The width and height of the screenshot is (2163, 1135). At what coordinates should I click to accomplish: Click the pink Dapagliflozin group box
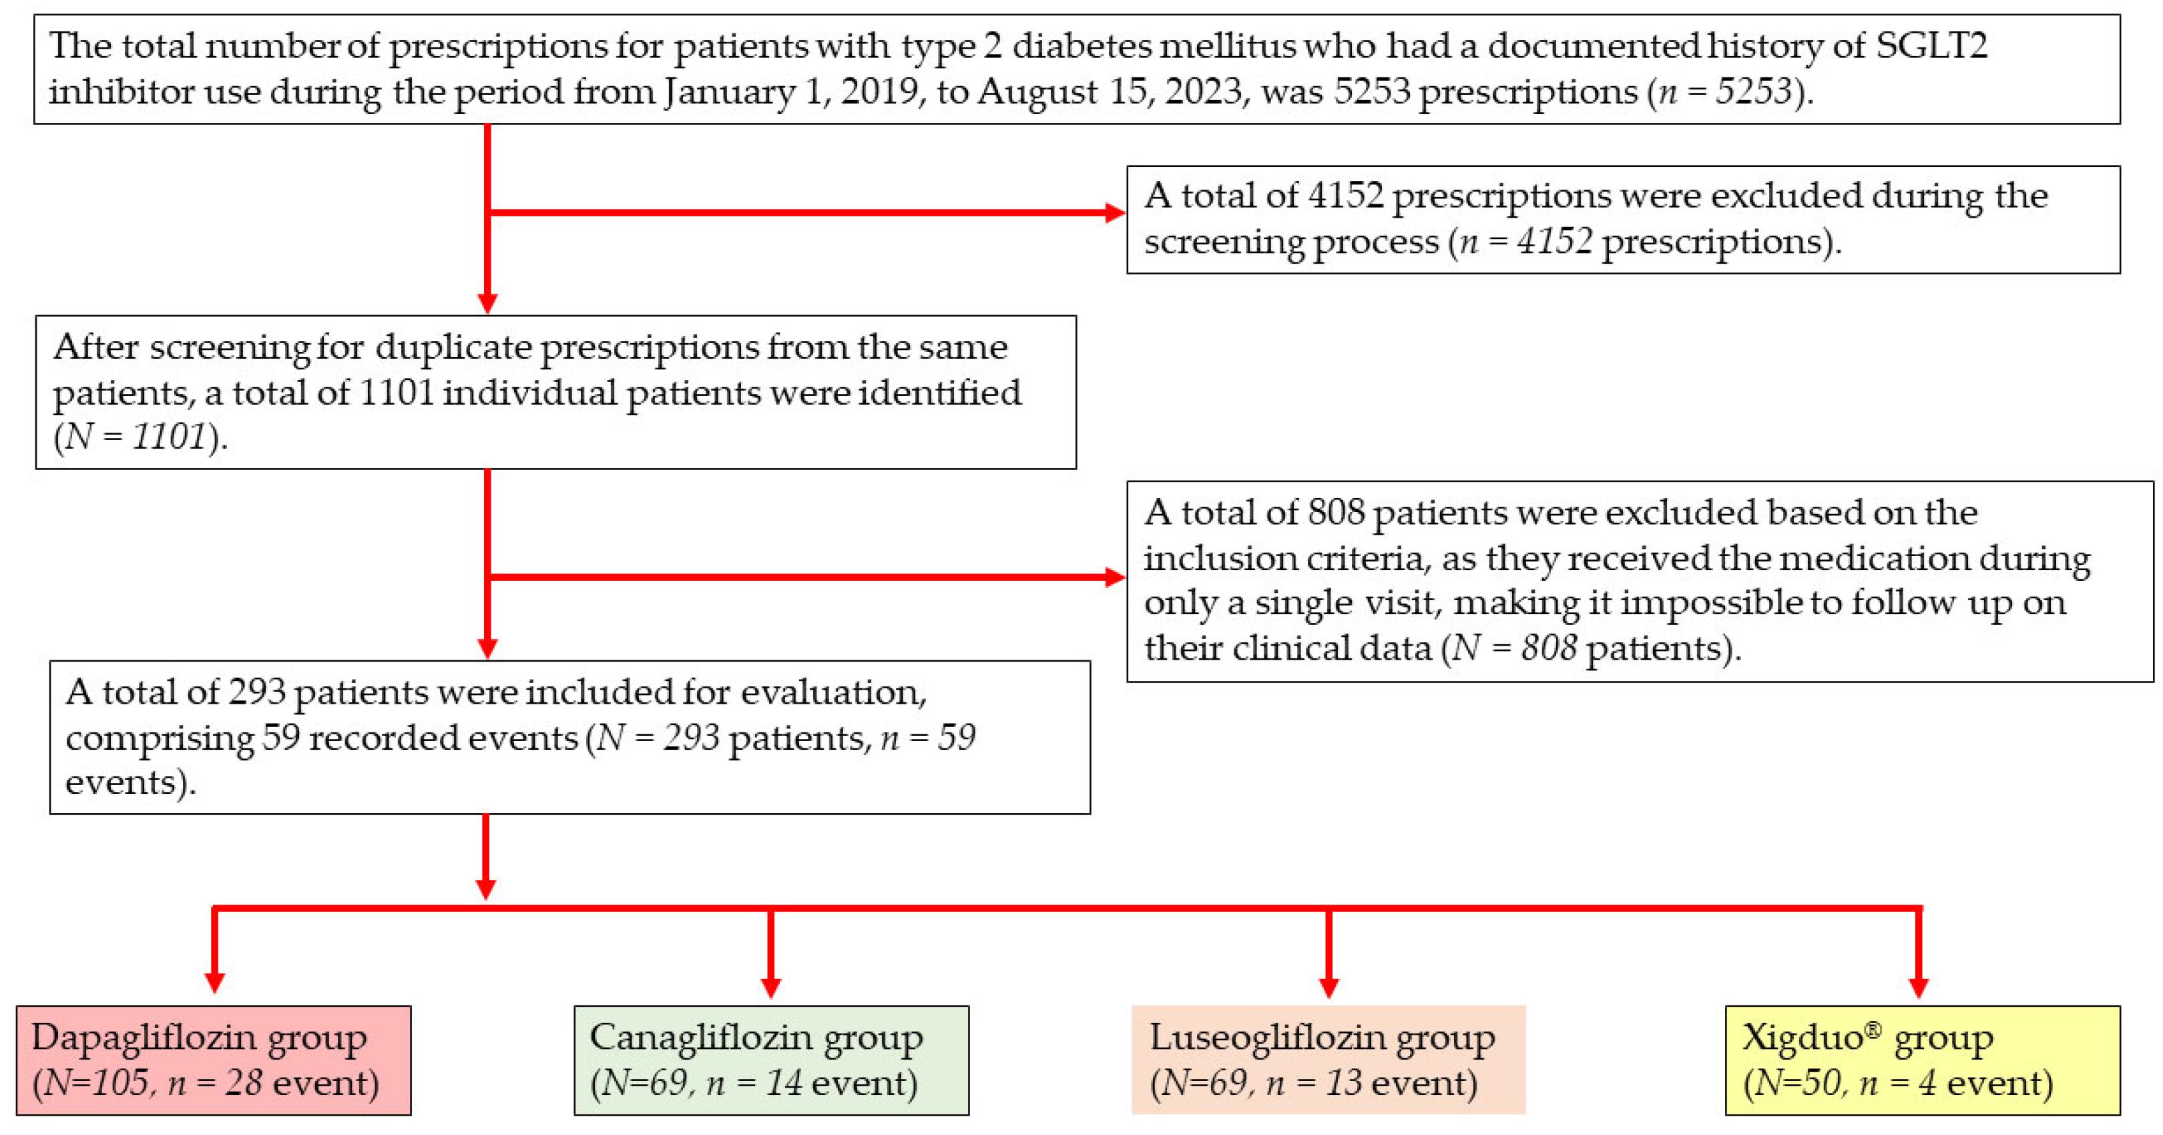(x=213, y=1060)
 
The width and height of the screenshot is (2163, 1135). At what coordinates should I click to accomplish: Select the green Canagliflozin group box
(x=771, y=1060)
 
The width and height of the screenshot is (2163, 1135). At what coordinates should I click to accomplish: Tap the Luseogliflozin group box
(x=1329, y=1060)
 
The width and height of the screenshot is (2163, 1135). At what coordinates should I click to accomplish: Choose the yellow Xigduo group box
(x=1923, y=1060)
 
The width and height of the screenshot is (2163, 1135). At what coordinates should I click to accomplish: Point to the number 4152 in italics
(x=1554, y=242)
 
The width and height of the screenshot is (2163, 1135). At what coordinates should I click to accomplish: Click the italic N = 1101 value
(x=135, y=437)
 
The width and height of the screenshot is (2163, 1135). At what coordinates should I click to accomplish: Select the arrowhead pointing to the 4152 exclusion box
(x=1115, y=212)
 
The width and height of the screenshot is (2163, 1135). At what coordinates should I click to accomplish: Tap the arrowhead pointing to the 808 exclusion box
(x=1115, y=577)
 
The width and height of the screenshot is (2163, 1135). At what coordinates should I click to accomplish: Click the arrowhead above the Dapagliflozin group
(x=215, y=983)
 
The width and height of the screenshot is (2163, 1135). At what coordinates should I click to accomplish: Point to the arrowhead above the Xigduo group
(x=1919, y=987)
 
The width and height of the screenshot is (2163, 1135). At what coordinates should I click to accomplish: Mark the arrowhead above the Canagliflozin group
(x=771, y=987)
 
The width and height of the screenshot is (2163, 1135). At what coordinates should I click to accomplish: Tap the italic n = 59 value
(x=928, y=738)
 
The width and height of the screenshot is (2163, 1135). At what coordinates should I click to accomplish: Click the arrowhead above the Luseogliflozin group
(x=1329, y=987)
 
